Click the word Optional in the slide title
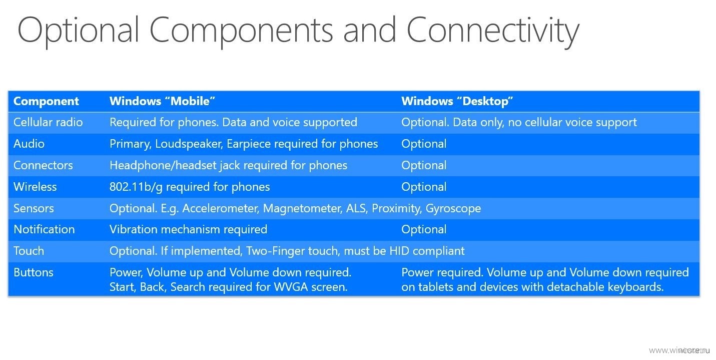pos(79,32)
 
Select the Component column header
pos(46,101)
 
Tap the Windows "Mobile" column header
pos(162,101)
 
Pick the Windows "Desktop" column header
pos(457,101)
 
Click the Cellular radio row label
pos(48,122)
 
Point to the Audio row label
pos(29,144)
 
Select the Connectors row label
pos(43,165)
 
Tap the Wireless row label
pos(35,187)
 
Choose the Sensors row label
pos(34,208)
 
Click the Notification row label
pos(44,229)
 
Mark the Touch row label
pos(29,251)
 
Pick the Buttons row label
pos(33,272)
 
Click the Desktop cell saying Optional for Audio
pos(424,144)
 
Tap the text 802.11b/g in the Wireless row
pos(136,187)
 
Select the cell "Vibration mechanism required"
pos(188,229)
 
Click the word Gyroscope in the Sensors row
pos(453,209)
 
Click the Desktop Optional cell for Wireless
pos(424,187)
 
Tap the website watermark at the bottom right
pos(679,350)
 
